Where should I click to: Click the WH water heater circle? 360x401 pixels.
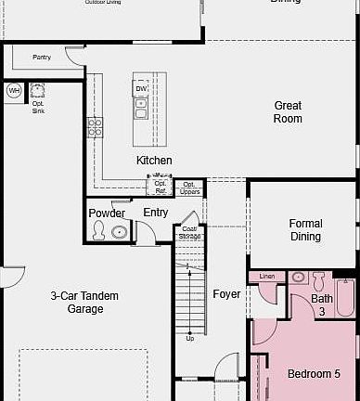click(14, 91)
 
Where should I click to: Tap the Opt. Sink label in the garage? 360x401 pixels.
click(38, 106)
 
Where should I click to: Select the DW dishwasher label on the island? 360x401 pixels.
click(141, 89)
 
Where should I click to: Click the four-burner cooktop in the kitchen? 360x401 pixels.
click(95, 127)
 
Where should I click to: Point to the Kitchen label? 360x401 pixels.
click(154, 161)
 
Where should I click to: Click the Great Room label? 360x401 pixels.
click(288, 112)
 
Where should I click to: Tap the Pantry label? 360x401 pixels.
click(42, 58)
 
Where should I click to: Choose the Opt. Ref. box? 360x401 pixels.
click(161, 187)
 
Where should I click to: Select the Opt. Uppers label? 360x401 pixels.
click(189, 188)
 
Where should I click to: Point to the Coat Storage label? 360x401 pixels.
click(189, 232)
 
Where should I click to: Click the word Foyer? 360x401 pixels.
click(226, 294)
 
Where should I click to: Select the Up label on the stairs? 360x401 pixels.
click(190, 338)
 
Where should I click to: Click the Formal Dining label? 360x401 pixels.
click(305, 230)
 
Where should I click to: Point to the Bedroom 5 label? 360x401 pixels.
click(310, 373)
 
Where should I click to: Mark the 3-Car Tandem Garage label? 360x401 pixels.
click(84, 302)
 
